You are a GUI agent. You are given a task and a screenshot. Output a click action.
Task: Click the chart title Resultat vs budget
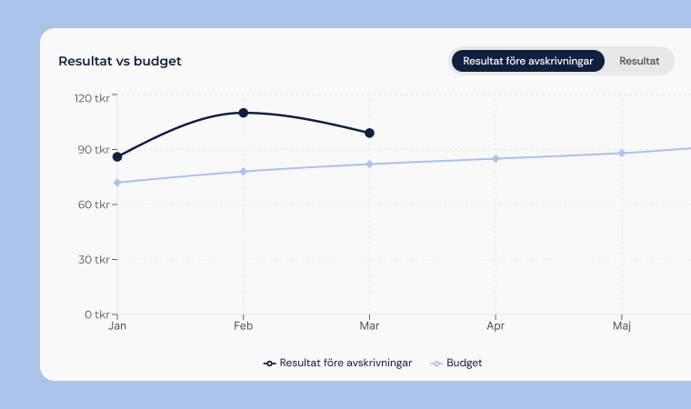tap(120, 61)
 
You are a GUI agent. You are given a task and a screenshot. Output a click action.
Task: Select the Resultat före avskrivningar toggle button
tap(527, 61)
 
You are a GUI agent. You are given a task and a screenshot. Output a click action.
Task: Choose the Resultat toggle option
tap(639, 61)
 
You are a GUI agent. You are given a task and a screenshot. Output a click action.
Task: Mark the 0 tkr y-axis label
tap(96, 314)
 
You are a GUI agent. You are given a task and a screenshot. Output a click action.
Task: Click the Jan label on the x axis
tap(117, 324)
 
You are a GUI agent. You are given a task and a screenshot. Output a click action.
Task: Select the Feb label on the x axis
tap(243, 324)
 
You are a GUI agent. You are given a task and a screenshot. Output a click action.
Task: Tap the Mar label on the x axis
tap(369, 324)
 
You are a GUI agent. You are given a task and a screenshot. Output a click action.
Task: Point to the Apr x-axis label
tap(496, 324)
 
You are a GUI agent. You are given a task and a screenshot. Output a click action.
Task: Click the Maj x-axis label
tap(622, 324)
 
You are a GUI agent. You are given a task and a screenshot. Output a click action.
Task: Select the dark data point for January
tap(117, 157)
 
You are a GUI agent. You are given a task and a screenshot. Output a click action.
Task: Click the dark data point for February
tap(244, 113)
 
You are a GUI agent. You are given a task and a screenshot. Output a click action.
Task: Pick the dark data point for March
tap(369, 133)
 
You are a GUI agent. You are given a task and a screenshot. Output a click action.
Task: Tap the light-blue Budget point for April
tap(496, 159)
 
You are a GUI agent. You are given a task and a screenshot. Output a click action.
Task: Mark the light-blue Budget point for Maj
tap(622, 153)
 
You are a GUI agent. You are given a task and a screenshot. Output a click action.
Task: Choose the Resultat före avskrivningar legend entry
tap(338, 363)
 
